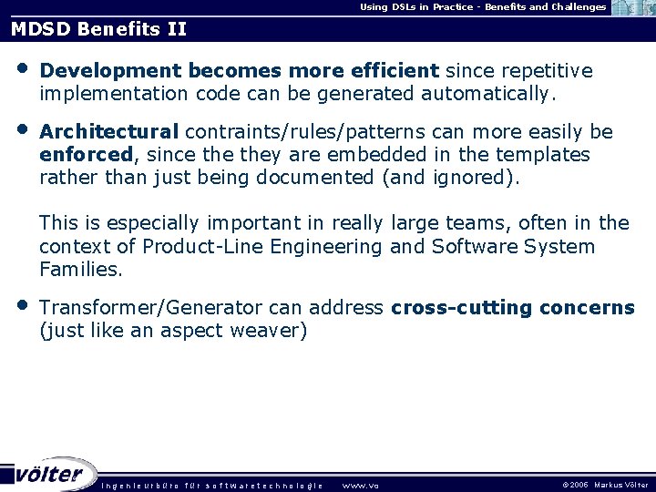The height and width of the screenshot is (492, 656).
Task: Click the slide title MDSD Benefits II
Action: (x=98, y=29)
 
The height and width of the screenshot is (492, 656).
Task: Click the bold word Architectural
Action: (x=109, y=132)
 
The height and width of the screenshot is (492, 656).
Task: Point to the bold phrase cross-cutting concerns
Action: (x=513, y=308)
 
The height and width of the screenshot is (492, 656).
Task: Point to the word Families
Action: (x=80, y=270)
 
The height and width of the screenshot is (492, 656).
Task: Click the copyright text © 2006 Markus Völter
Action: (x=606, y=485)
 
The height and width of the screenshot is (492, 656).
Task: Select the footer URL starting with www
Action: (x=360, y=485)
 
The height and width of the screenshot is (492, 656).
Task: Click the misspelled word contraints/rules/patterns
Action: (x=300, y=132)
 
